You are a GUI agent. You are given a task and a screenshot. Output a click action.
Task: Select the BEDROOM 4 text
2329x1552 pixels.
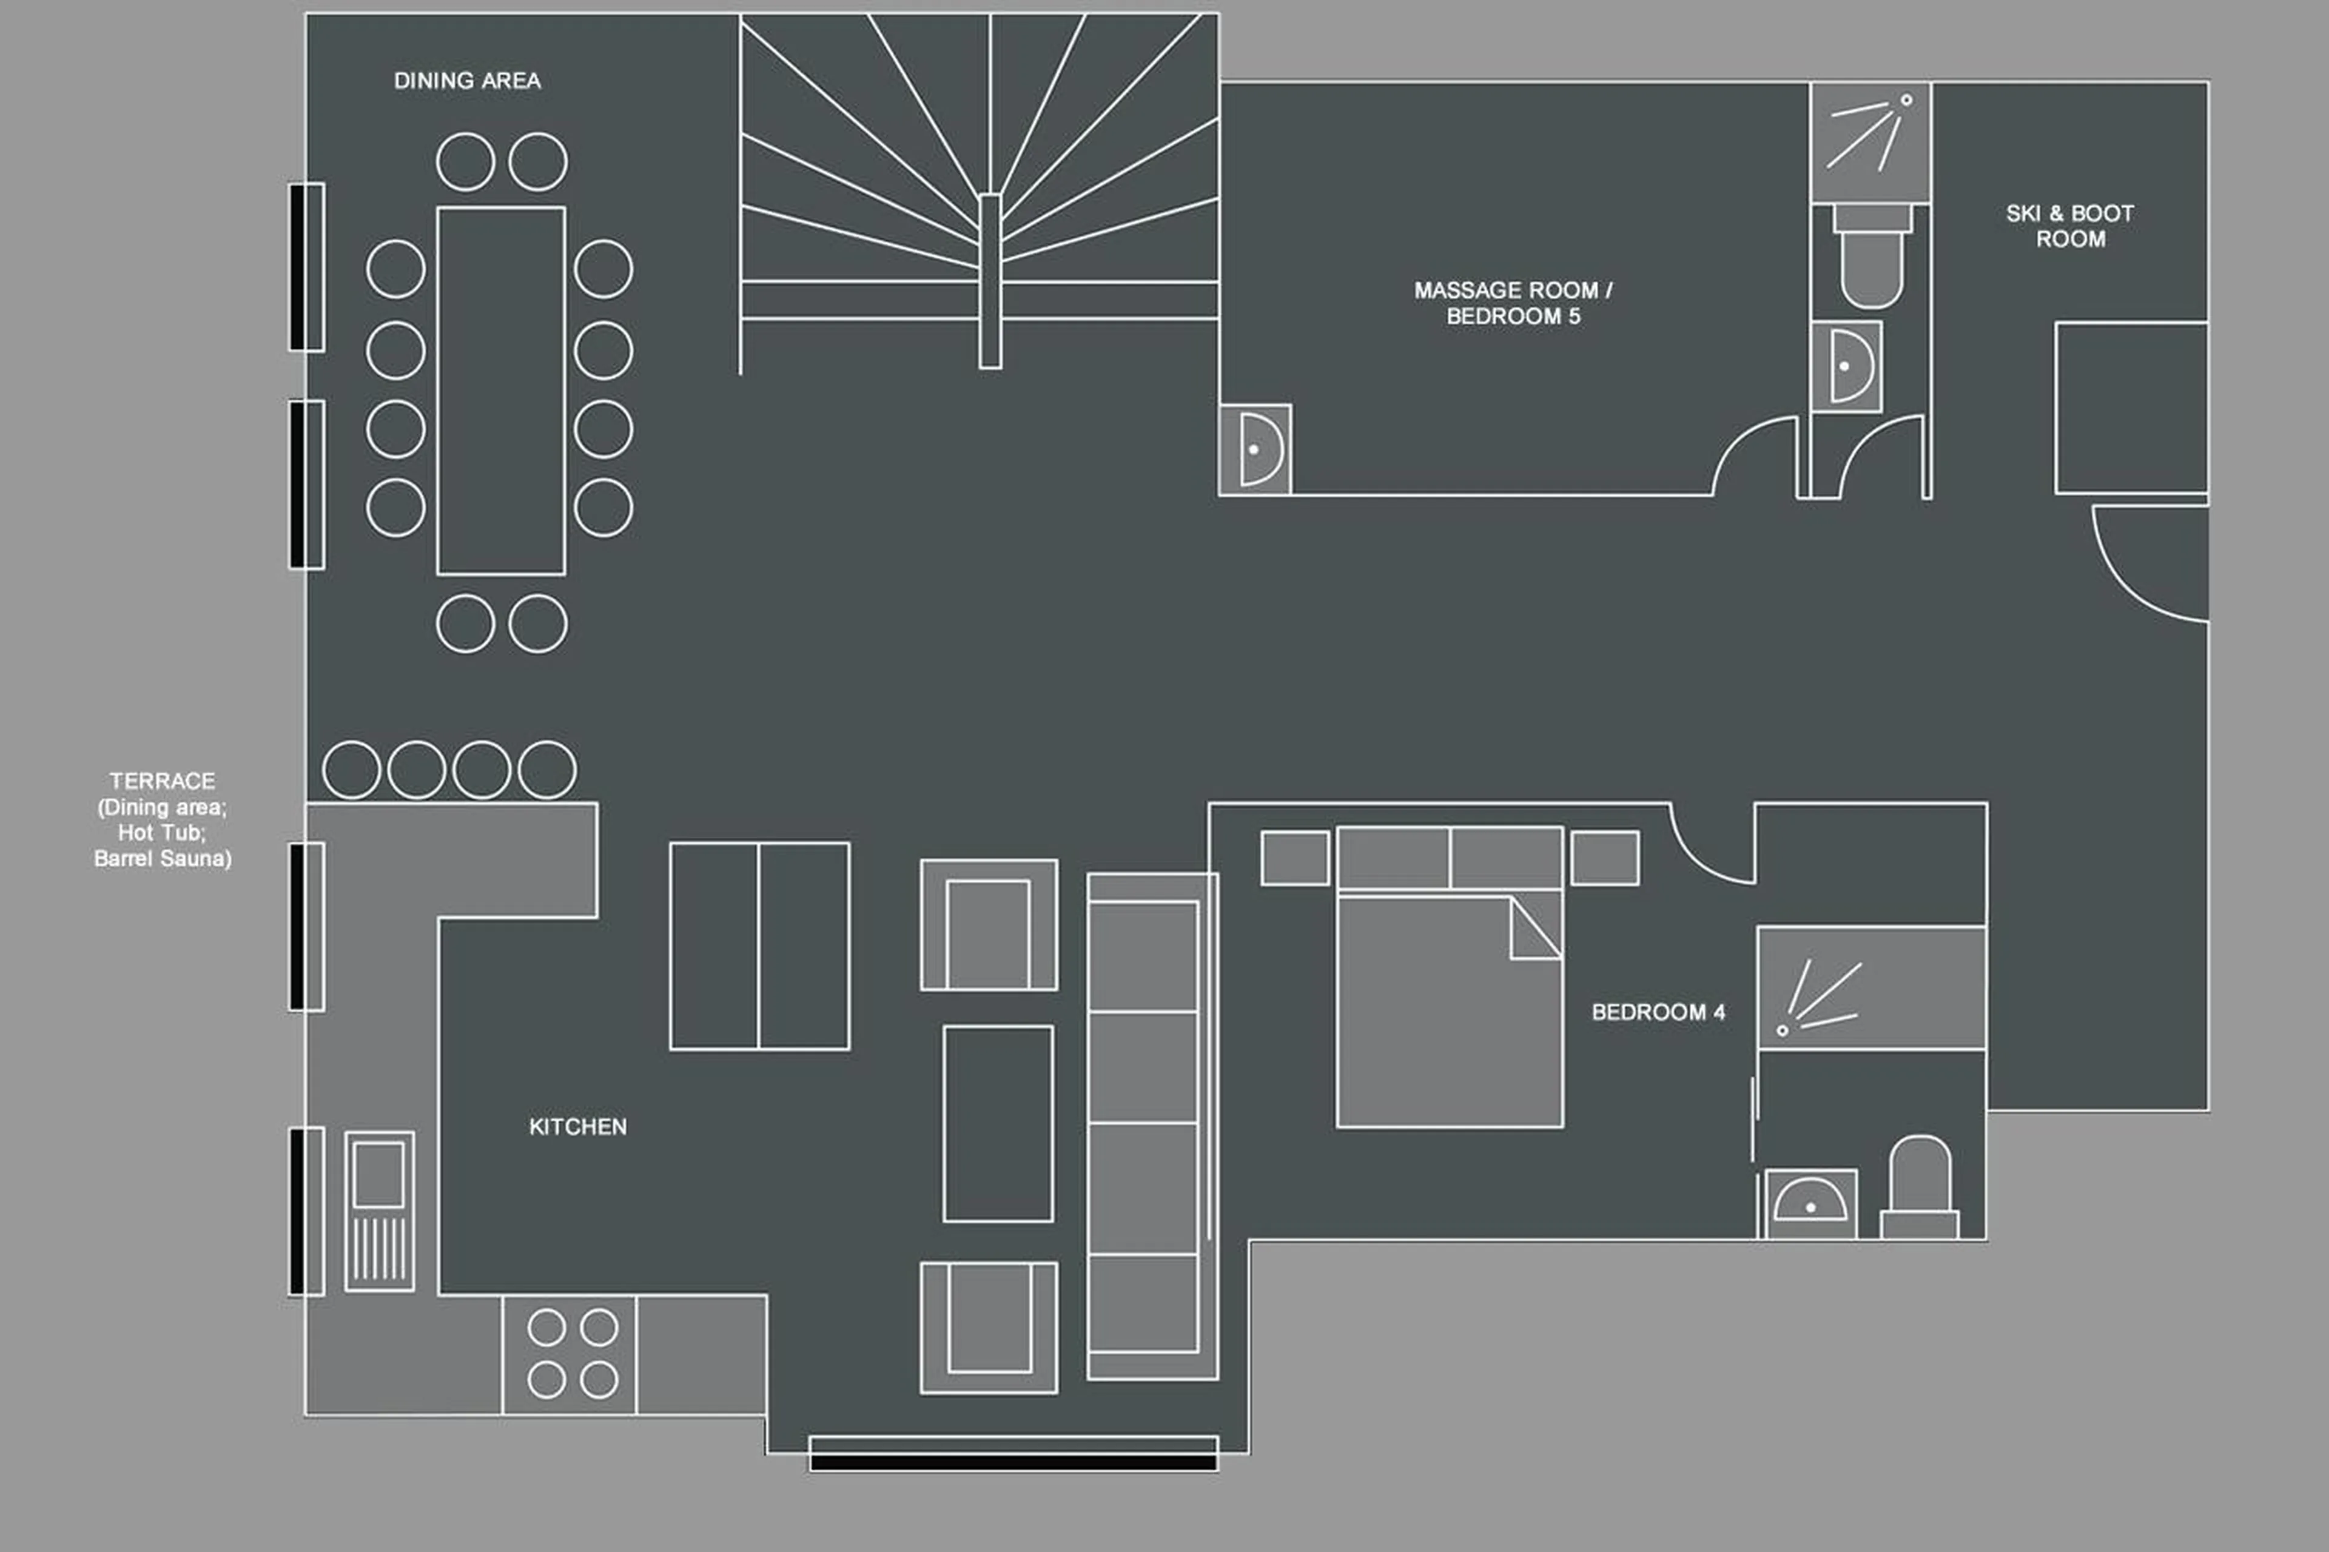pos(1658,1012)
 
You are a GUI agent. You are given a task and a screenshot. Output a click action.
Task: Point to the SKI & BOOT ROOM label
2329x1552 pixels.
pos(2069,226)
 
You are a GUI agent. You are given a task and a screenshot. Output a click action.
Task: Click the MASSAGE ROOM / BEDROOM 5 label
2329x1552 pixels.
pos(1513,303)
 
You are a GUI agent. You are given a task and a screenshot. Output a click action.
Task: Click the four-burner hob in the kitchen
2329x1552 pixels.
pos(572,1353)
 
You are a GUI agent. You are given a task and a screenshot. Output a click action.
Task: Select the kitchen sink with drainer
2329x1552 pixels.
pos(379,1211)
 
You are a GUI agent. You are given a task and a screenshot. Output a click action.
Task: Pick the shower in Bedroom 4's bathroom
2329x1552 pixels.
pos(1870,988)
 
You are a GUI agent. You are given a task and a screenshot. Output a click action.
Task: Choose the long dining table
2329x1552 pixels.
pos(501,391)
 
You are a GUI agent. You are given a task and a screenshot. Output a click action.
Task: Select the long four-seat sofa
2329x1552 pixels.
pos(1151,1126)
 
